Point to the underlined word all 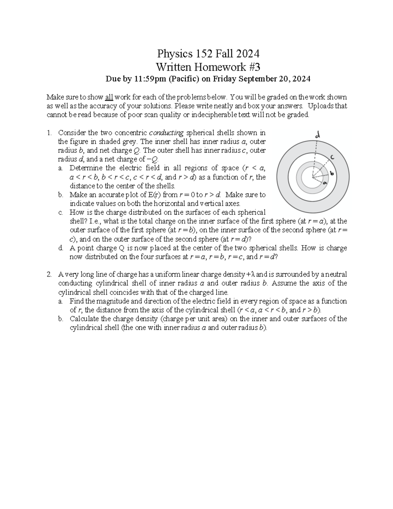click(109, 97)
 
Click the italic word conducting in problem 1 click(166, 133)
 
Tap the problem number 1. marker click(49, 133)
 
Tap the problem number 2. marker click(49, 274)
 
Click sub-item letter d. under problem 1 click(61, 248)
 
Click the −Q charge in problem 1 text click(153, 159)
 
